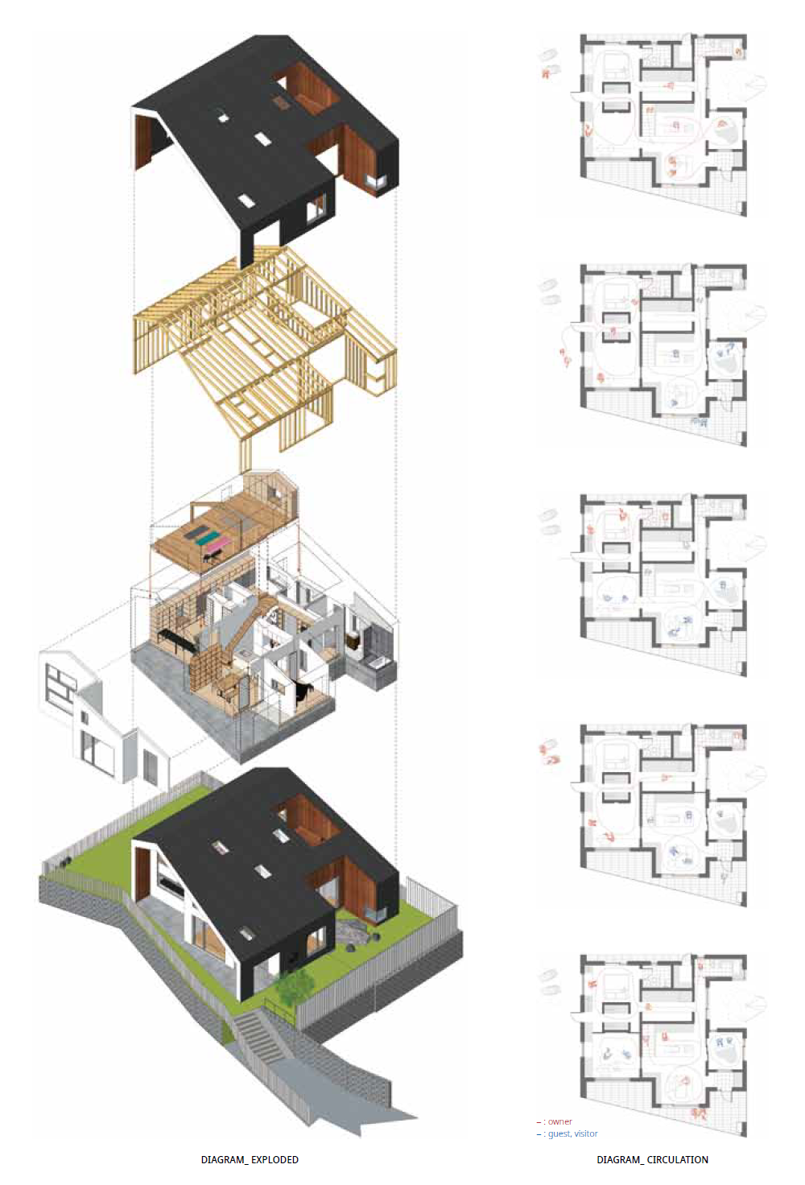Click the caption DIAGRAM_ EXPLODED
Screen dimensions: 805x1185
250,1159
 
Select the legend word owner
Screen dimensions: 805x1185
560,1121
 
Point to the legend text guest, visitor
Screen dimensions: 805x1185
573,1133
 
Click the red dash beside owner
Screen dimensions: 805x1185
539,1121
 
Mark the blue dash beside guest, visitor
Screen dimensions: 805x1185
539,1133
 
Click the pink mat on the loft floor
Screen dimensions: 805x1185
215,547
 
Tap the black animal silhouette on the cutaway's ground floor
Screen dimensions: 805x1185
303,692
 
